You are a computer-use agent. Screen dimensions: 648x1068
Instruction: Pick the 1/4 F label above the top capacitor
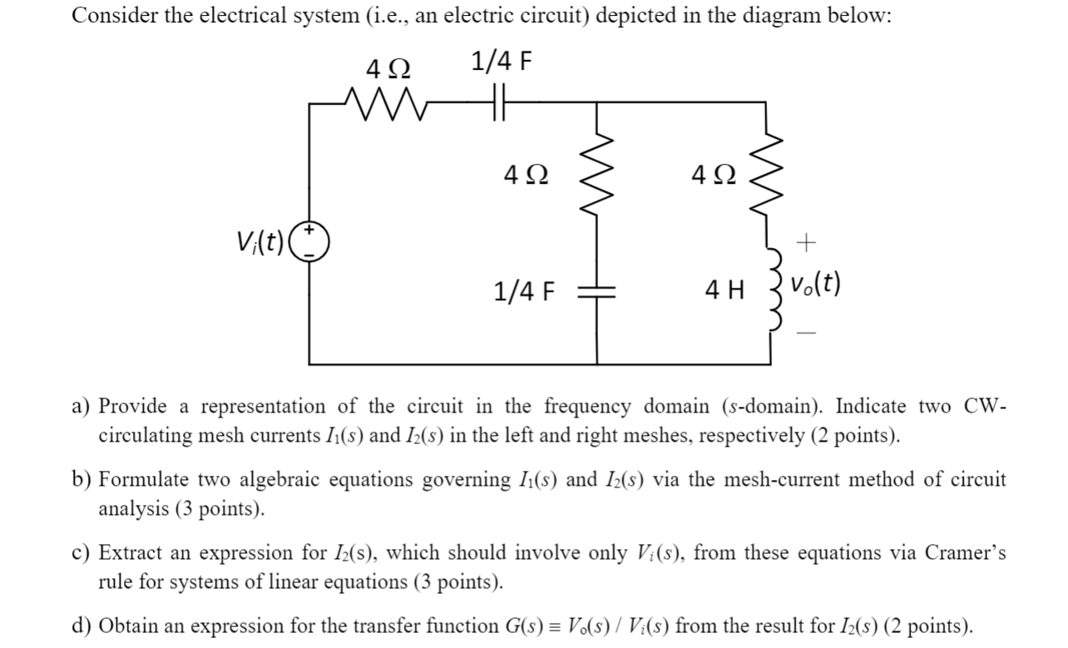pyautogui.click(x=500, y=62)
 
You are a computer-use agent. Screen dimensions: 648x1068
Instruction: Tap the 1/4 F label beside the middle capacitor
pyautogui.click(x=523, y=291)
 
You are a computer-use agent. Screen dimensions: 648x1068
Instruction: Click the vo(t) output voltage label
pyautogui.click(x=816, y=284)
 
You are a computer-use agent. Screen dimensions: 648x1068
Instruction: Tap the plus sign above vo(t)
pyautogui.click(x=806, y=243)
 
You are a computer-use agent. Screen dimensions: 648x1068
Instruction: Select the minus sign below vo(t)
pyautogui.click(x=806, y=332)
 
